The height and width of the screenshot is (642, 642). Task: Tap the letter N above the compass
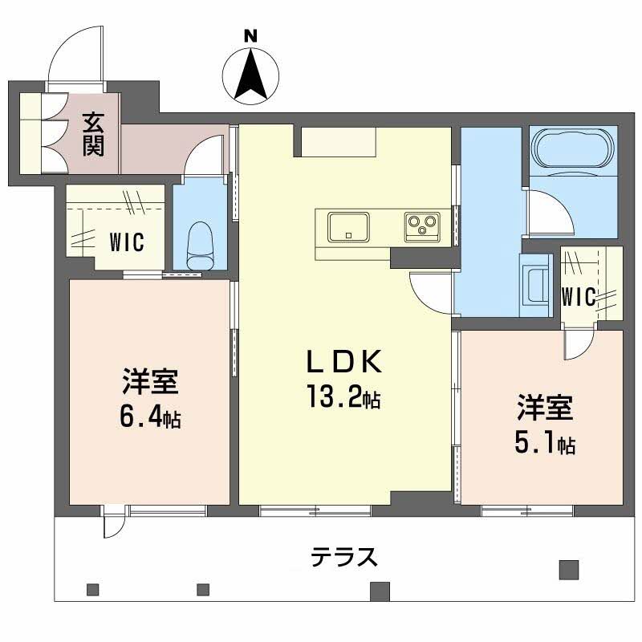(251, 35)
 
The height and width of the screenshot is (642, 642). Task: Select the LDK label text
(343, 364)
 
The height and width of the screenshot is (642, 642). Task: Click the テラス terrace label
(343, 555)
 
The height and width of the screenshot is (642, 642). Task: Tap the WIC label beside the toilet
(128, 241)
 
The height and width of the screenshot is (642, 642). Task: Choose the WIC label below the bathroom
(578, 297)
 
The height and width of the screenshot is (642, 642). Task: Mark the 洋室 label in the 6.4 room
(150, 380)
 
